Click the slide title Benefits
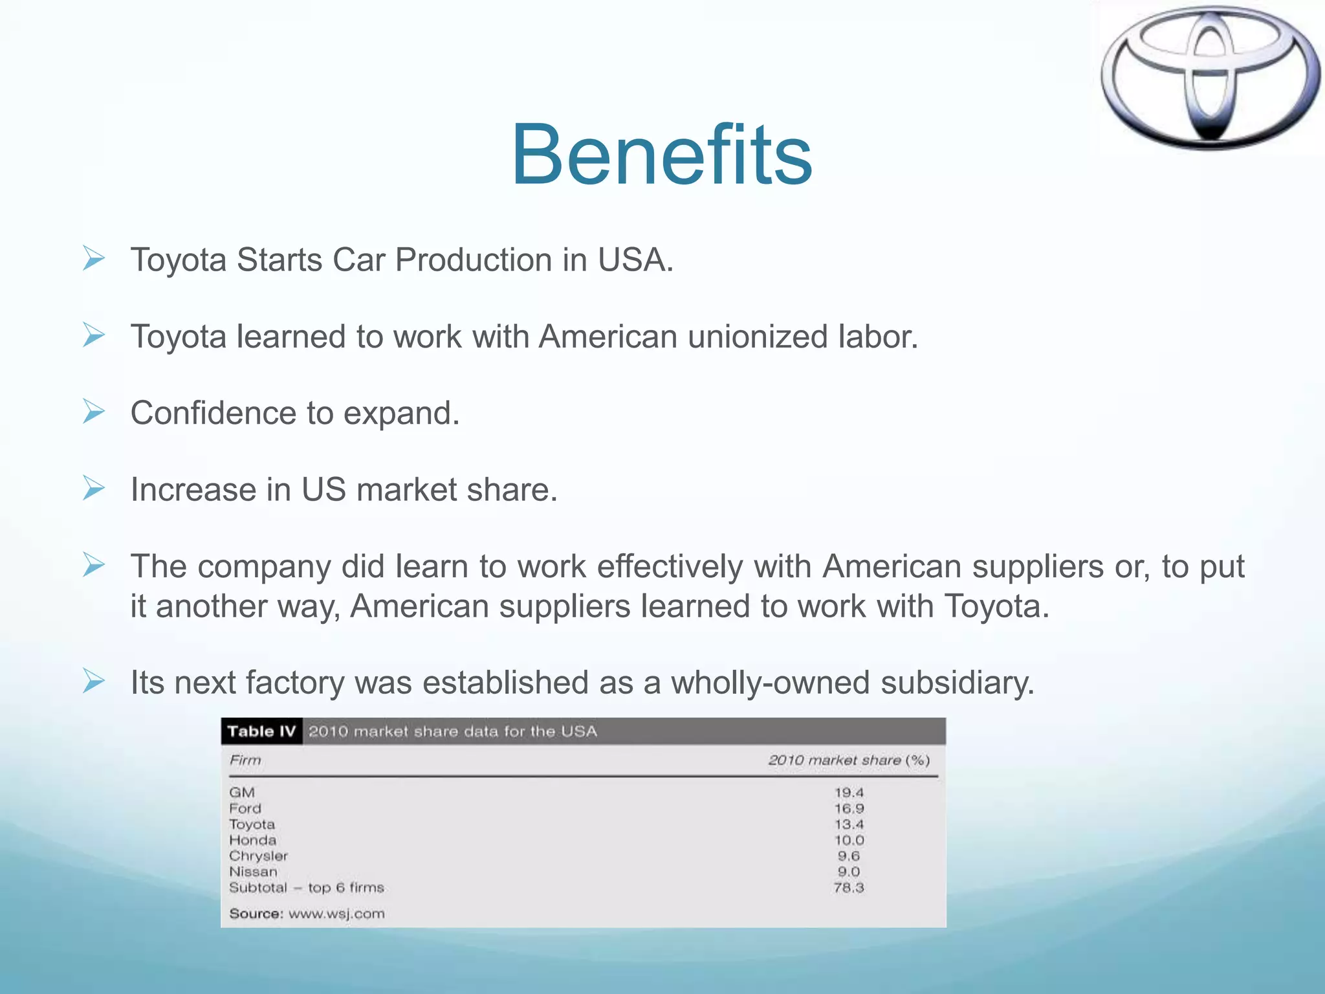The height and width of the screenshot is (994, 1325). click(661, 155)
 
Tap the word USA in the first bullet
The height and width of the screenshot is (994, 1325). click(635, 260)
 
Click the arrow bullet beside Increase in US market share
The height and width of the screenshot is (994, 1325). click(94, 489)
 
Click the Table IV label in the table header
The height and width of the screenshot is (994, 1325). click(261, 731)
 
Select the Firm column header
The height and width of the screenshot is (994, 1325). click(245, 760)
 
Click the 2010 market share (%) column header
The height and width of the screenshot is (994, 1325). click(849, 760)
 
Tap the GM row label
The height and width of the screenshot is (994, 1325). click(242, 792)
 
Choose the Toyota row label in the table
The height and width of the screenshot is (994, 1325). click(252, 824)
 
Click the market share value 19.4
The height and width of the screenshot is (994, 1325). click(849, 792)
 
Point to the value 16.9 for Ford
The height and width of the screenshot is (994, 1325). click(849, 808)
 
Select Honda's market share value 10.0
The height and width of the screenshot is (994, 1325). click(849, 840)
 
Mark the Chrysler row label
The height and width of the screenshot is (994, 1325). click(258, 856)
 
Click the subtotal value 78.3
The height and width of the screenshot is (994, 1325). click(849, 887)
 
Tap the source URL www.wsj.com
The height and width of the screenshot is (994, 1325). click(336, 914)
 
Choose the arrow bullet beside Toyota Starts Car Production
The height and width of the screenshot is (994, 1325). click(94, 259)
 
